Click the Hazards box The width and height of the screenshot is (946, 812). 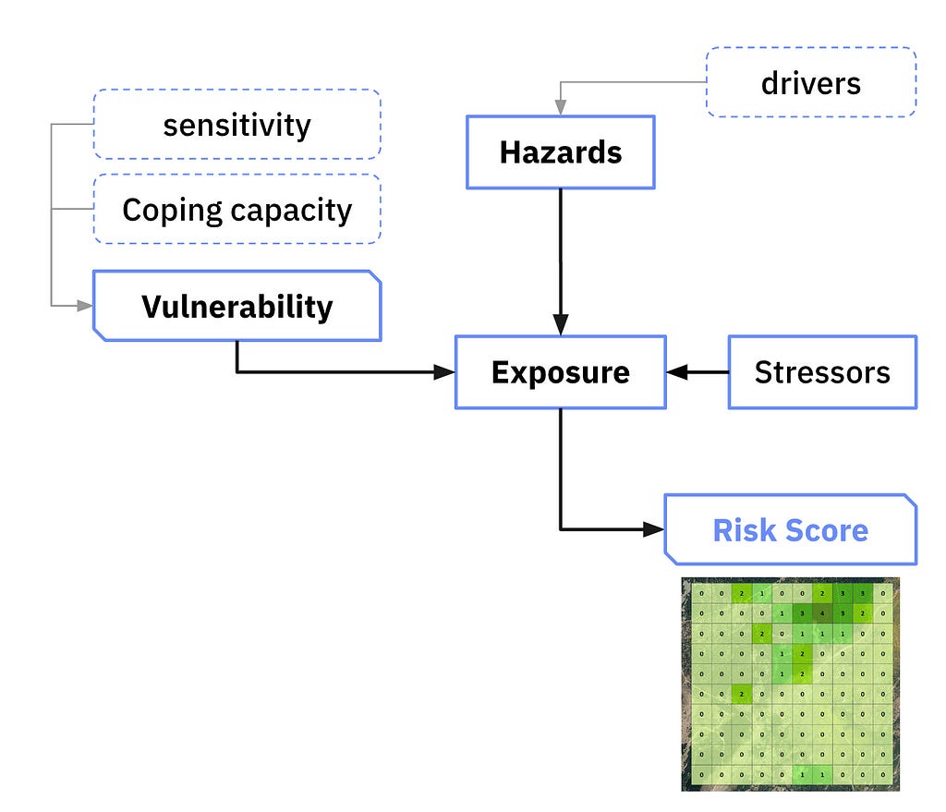[561, 152]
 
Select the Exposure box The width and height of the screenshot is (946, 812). [560, 372]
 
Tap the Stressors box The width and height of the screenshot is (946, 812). [822, 372]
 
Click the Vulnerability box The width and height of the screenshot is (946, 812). [236, 306]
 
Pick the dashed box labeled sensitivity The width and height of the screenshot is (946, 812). [236, 125]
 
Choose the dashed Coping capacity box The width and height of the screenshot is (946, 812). [236, 210]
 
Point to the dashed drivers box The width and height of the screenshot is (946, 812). [810, 83]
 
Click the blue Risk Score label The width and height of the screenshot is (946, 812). [790, 530]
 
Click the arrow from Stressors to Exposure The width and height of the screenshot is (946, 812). [697, 372]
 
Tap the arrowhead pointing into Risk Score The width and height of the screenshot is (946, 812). [654, 529]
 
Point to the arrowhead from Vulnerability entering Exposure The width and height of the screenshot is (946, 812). [445, 372]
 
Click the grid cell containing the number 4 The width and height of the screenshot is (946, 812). [822, 612]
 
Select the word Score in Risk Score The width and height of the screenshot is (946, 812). [829, 530]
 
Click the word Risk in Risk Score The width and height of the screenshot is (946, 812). [744, 530]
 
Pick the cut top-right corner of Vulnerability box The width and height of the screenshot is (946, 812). [374, 276]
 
